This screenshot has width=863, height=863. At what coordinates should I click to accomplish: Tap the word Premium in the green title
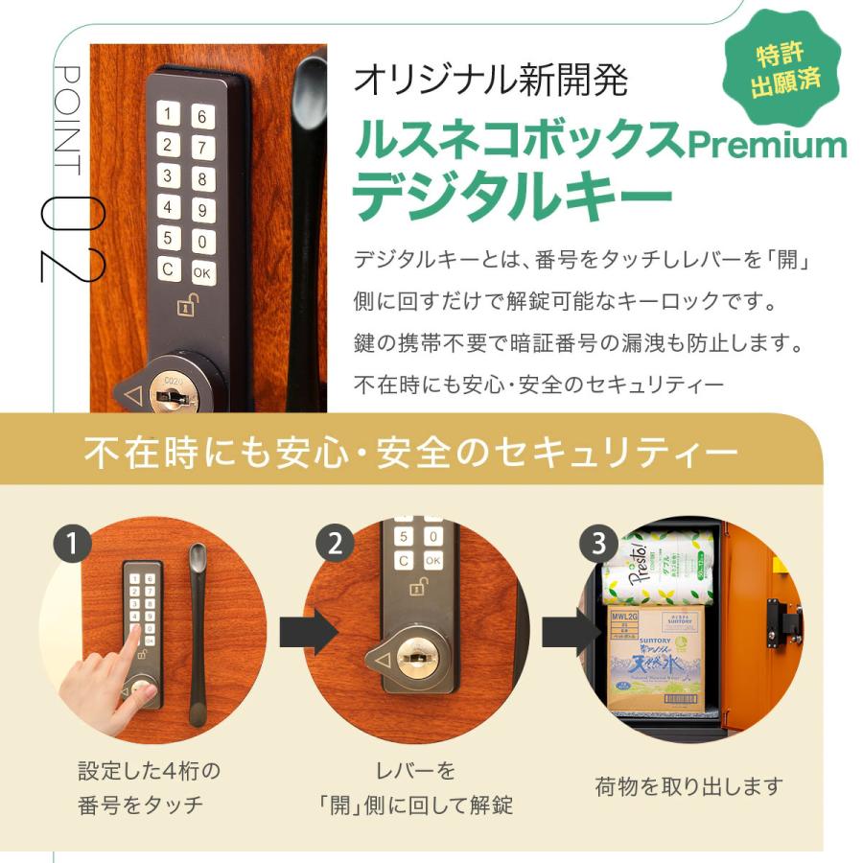coord(767,145)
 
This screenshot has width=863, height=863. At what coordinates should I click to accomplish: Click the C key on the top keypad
coord(170,269)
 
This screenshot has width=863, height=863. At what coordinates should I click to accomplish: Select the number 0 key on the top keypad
coord(202,241)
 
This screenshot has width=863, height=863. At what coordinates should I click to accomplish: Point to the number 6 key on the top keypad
coord(202,117)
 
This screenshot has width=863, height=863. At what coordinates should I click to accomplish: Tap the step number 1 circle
coord(72,545)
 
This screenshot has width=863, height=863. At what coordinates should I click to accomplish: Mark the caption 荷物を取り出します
coord(689,787)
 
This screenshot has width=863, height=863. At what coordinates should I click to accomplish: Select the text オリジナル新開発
coord(490,81)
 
